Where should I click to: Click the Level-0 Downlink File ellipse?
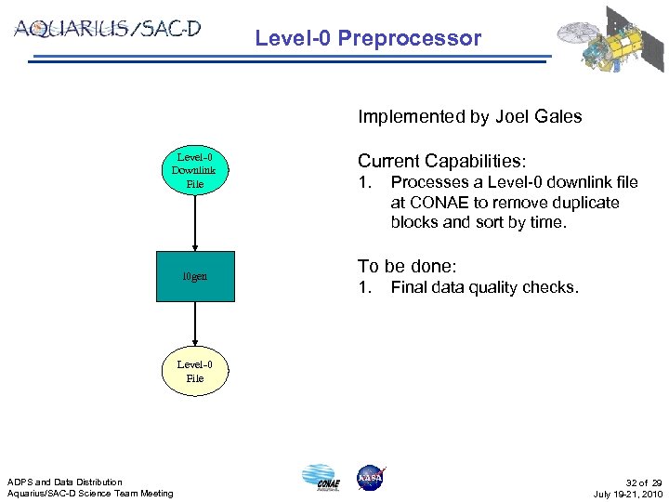pos(194,170)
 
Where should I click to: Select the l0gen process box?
pos(195,277)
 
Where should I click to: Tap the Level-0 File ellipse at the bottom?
pos(195,371)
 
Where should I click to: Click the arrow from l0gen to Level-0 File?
pos(195,324)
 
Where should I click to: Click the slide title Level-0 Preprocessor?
pos(368,38)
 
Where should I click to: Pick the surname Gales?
pos(559,117)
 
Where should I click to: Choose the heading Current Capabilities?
pos(442,160)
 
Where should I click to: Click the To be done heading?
pos(407,266)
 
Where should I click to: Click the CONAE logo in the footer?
pos(321,477)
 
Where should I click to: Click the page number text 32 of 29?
pos(645,482)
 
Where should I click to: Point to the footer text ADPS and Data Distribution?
pos(65,482)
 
